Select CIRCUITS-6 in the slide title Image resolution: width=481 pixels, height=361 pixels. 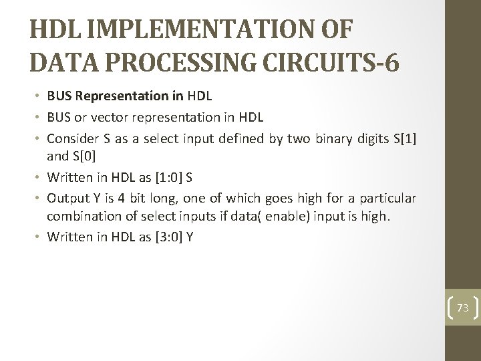(x=334, y=63)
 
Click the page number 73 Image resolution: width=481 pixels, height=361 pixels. (x=463, y=308)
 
